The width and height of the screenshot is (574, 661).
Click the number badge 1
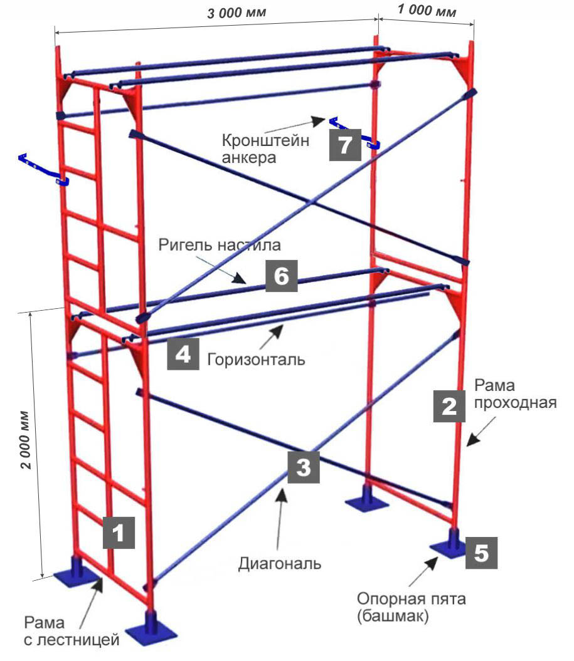tap(119, 533)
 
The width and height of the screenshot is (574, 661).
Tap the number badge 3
tap(303, 467)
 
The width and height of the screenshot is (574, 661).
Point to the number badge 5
tap(482, 553)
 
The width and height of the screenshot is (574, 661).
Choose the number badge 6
tap(282, 276)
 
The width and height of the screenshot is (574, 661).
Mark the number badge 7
tap(345, 145)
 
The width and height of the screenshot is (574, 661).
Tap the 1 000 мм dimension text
tap(426, 11)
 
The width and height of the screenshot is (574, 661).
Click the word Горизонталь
tap(255, 360)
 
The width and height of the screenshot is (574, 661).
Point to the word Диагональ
tap(280, 563)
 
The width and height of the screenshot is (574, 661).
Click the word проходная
tap(516, 402)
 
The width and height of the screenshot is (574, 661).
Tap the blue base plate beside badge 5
tap(449, 546)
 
